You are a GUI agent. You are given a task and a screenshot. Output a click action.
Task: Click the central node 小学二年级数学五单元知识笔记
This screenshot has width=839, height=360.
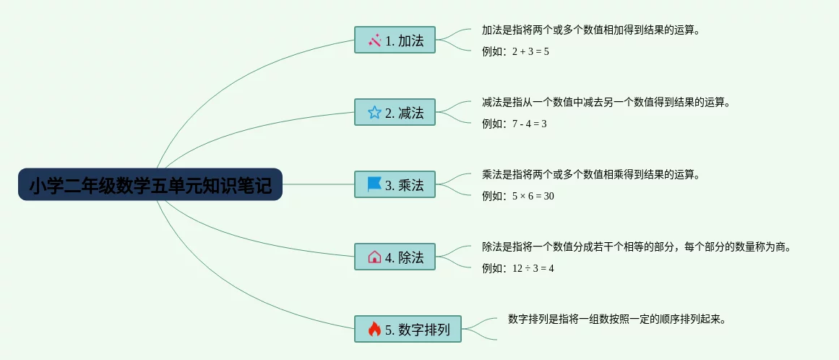150,185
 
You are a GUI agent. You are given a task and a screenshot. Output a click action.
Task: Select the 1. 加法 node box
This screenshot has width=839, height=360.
395,40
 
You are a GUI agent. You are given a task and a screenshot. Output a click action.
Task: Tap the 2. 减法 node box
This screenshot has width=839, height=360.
395,112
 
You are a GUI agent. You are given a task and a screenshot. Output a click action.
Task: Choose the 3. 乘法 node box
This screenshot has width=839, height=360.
395,184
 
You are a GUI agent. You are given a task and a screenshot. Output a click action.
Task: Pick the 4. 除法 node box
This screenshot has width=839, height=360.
395,257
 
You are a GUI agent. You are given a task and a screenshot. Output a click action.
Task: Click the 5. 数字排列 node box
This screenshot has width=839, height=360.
408,330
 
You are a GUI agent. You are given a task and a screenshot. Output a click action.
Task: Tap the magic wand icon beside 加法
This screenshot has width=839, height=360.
374,40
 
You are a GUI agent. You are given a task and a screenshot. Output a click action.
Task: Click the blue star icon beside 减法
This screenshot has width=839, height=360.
374,112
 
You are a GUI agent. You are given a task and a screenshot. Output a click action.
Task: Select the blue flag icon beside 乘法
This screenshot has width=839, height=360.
374,184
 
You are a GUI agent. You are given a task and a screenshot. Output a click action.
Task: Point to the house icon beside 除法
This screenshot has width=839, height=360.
374,257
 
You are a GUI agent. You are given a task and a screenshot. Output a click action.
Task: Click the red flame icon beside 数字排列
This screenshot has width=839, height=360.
374,330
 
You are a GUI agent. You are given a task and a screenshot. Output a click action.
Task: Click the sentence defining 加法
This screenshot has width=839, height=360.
591,30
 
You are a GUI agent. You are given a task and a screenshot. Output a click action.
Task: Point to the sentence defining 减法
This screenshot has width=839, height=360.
606,102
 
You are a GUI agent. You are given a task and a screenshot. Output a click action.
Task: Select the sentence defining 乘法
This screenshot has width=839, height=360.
591,174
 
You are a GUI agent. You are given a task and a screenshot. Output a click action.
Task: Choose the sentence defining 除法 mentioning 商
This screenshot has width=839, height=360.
637,247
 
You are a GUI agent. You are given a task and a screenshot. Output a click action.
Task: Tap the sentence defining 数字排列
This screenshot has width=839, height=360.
616,319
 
